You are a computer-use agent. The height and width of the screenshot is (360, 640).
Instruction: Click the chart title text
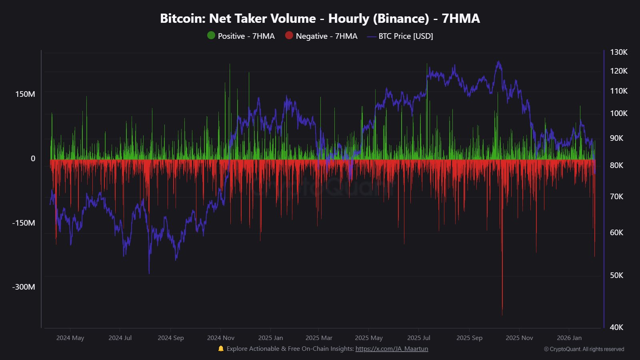320,19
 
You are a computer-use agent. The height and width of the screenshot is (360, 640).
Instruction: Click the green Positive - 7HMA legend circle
211,36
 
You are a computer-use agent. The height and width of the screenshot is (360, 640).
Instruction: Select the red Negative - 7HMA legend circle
289,36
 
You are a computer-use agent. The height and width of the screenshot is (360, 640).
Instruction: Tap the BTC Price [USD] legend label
406,36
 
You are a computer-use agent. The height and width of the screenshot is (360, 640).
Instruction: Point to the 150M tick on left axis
25,94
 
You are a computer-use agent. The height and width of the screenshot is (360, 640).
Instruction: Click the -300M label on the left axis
24,287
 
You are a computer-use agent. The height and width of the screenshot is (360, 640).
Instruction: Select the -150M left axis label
24,223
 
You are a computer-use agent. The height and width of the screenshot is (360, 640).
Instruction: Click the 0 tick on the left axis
33,158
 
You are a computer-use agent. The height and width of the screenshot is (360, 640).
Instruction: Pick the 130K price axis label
618,52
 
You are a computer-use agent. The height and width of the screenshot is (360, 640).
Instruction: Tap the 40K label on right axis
616,327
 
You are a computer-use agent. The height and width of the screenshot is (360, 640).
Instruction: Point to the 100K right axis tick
618,113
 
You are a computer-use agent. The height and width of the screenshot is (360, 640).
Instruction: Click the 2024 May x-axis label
70,338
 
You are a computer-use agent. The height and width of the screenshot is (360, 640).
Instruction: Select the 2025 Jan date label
270,338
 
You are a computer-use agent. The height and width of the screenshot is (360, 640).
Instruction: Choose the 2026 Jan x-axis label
569,338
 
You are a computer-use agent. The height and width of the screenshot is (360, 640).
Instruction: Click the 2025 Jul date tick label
418,338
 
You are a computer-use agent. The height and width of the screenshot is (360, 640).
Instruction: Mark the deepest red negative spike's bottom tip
502,314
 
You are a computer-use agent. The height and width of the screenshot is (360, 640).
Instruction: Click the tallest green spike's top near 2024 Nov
230,64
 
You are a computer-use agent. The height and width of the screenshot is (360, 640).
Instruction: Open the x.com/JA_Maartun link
392,349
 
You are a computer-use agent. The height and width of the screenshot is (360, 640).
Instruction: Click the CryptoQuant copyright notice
584,349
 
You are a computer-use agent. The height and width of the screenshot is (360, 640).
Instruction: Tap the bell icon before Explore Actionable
221,349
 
